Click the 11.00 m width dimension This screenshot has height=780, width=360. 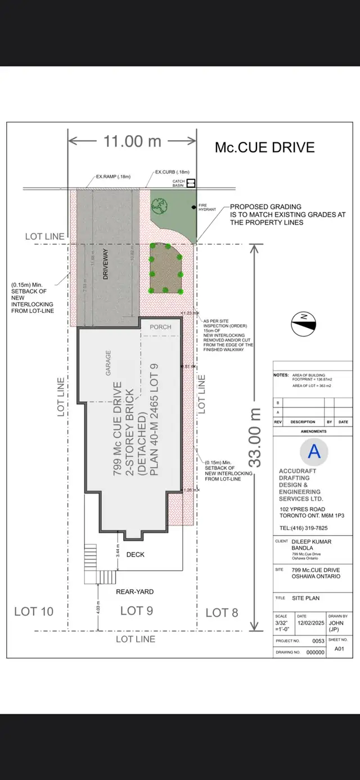[132, 141]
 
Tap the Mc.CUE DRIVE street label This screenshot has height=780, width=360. [264, 147]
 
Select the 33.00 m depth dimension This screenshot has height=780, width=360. [256, 437]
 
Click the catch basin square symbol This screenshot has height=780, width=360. [191, 182]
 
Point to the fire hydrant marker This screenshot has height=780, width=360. [193, 208]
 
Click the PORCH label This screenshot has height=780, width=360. [160, 327]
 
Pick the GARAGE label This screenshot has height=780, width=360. [108, 364]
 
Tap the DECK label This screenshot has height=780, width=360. [135, 555]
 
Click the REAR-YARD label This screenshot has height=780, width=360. [134, 591]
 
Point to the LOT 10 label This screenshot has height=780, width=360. [33, 612]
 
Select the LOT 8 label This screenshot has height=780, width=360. [222, 613]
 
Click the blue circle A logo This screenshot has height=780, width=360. [314, 451]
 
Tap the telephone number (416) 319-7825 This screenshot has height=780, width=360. [303, 528]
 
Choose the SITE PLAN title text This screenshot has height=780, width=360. [305, 598]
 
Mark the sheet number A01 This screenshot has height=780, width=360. [339, 648]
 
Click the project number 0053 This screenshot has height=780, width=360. [318, 641]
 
